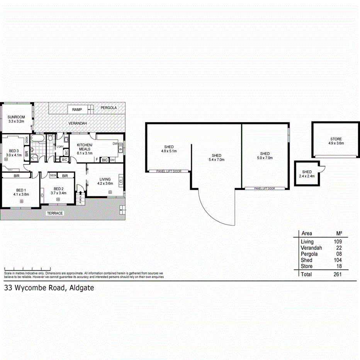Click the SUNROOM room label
(16, 117)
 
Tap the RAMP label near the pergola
(77, 110)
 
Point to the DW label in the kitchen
(115, 144)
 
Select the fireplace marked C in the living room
(121, 182)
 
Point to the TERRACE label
(54, 213)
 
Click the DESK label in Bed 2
(53, 175)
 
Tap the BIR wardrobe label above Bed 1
(16, 176)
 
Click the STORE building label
(336, 139)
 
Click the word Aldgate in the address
(82, 288)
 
